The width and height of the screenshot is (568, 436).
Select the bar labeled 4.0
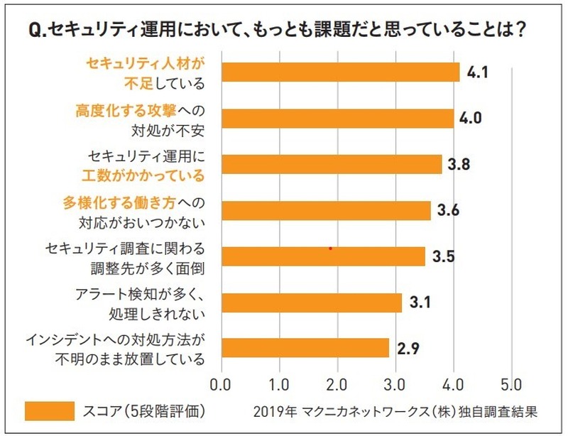point(338,119)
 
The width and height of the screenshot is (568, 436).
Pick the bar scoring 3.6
point(327,211)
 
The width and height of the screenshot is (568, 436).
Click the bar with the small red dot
point(324,256)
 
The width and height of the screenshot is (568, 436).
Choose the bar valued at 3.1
point(312,303)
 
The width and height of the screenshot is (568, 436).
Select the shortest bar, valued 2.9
point(306,348)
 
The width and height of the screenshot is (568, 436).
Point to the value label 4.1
point(479,72)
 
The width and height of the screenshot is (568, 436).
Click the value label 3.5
point(444,256)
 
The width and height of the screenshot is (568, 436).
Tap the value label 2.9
point(408,348)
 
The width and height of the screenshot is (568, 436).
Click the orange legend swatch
point(49,410)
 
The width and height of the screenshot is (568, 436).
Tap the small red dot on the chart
point(330,249)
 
